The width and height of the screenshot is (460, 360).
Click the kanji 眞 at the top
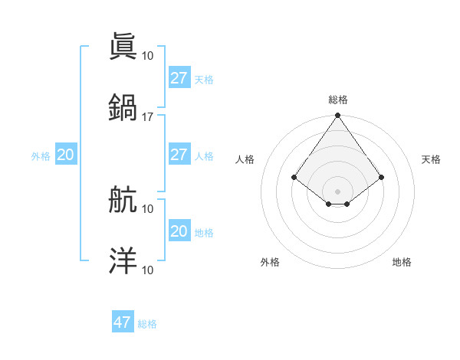pos(123,46)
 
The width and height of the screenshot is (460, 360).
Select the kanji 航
pos(123,200)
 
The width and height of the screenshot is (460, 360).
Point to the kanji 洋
pos(123,261)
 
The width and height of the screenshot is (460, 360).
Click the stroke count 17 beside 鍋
pos(147,116)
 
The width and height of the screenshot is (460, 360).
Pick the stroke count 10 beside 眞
pos(147,55)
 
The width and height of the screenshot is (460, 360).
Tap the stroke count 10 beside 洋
pos(147,270)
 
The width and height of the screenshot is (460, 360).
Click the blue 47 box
pos(123,322)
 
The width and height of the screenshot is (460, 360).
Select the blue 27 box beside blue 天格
pos(179,77)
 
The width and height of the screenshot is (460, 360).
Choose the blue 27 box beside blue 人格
pos(179,154)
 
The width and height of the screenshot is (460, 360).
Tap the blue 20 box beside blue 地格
pos(179,231)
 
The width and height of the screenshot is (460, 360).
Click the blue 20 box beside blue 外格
pos(65,155)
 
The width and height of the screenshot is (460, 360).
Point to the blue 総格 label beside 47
pos(147,324)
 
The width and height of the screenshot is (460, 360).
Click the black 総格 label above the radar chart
pos(337,100)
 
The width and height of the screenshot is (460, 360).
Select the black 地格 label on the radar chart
pos(402,262)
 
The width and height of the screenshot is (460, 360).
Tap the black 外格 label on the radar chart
pos(270,262)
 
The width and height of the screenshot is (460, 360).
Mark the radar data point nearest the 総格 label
pos(337,116)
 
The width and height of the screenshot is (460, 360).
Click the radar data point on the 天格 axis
pos(382,177)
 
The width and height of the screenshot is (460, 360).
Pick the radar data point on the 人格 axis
pos(294,177)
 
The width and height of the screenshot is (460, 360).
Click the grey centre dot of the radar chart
pos(337,191)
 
